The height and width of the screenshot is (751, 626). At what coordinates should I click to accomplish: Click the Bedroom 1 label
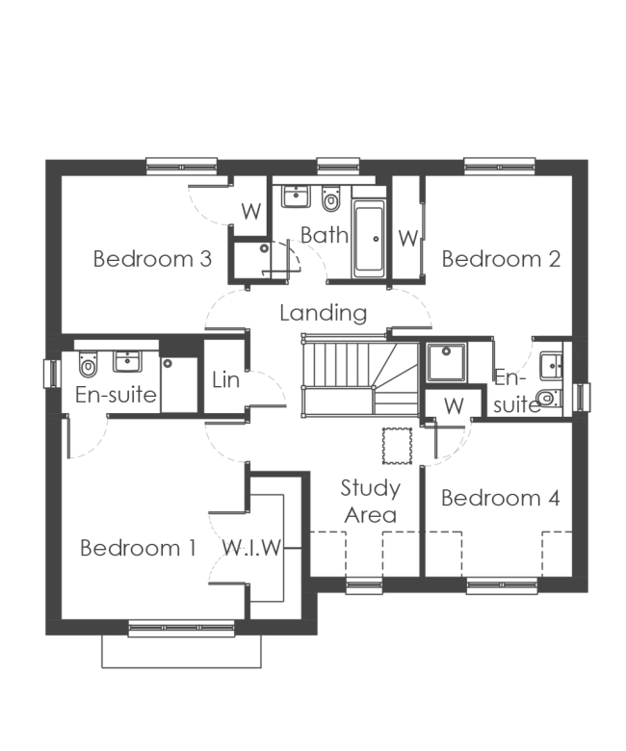[x=138, y=549]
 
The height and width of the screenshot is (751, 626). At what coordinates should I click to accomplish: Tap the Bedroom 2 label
[x=501, y=258]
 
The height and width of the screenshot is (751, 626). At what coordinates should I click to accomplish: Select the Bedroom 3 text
[x=152, y=258]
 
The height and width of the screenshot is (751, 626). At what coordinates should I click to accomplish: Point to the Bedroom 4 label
[x=500, y=498]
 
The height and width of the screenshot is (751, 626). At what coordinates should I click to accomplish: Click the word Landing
[x=324, y=313]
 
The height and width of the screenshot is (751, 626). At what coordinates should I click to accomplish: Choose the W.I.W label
[x=252, y=549]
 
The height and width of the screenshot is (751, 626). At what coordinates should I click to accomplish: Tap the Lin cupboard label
[x=225, y=378]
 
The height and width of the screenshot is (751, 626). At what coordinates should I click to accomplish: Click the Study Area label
[x=371, y=502]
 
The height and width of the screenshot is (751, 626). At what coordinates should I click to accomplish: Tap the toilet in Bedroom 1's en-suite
[x=89, y=365]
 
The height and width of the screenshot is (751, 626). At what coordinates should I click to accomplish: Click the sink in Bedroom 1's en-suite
[x=127, y=360]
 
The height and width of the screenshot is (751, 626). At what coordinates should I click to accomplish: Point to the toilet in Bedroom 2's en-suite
[x=548, y=398]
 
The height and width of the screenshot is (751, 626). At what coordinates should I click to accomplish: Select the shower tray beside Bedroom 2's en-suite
[x=445, y=363]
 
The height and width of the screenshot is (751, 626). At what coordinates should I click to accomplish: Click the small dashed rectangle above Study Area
[x=396, y=445]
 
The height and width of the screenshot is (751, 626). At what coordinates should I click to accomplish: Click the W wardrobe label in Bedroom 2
[x=407, y=238]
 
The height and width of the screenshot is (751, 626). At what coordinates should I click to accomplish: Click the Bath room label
[x=324, y=235]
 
